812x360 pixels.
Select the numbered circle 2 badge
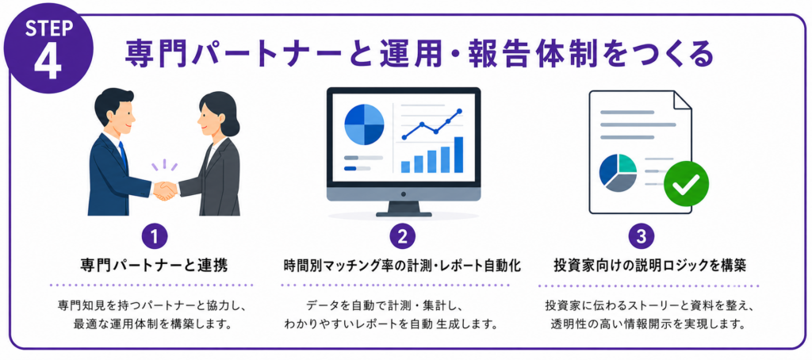pyautogui.click(x=403, y=237)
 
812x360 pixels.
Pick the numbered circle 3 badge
pyautogui.click(x=641, y=237)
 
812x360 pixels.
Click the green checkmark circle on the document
pyautogui.click(x=686, y=183)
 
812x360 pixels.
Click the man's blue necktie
pyautogui.click(x=122, y=155)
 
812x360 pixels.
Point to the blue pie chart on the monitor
pyautogui.click(x=364, y=124)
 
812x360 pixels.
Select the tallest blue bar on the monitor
pyautogui.click(x=458, y=155)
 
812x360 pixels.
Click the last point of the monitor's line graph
pyautogui.click(x=459, y=111)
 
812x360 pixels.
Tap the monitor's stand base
pyautogui.click(x=404, y=213)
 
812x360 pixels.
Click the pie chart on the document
pyautogui.click(x=618, y=173)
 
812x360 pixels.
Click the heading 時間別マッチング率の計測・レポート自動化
pyautogui.click(x=402, y=266)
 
